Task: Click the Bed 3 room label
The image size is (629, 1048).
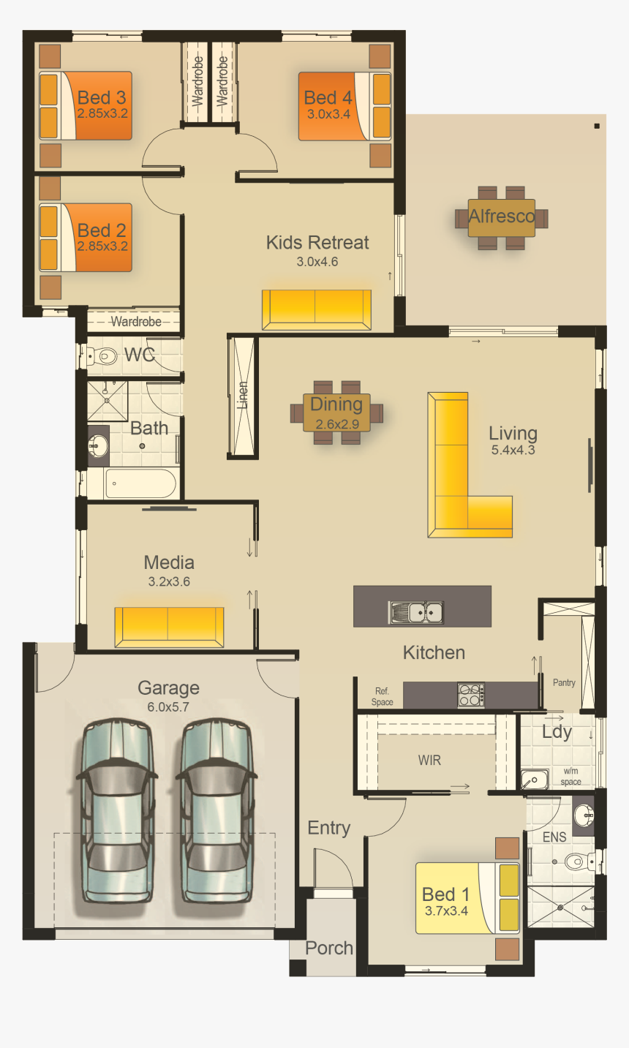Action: coord(102,97)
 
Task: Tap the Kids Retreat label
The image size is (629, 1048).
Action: coord(317,243)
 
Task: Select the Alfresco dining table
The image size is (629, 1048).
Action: coord(502,217)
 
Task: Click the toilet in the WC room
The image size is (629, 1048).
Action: coord(103,356)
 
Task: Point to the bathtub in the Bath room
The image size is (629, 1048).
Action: coord(140,483)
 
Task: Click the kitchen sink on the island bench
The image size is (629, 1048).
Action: coord(416,611)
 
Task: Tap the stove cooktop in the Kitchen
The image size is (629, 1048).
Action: coord(470,695)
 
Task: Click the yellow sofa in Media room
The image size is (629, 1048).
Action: coord(169,627)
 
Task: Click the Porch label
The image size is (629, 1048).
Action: coord(329,949)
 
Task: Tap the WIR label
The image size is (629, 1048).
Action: coord(429,761)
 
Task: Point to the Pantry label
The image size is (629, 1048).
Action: coord(564,683)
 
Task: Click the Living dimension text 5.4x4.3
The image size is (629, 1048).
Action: coord(513,451)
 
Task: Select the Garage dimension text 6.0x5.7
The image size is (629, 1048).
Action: coord(168,707)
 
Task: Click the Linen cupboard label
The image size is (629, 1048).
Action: coord(243,395)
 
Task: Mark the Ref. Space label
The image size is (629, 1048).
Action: coord(382,696)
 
